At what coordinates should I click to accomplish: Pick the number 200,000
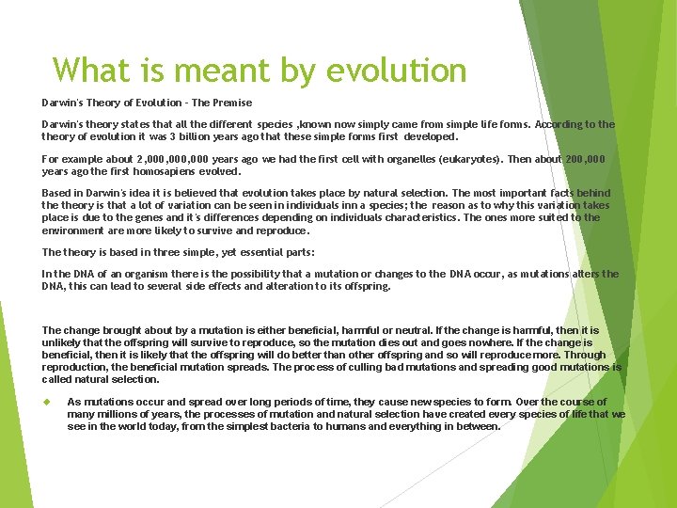(x=584, y=160)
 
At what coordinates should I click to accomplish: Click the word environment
(x=72, y=230)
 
